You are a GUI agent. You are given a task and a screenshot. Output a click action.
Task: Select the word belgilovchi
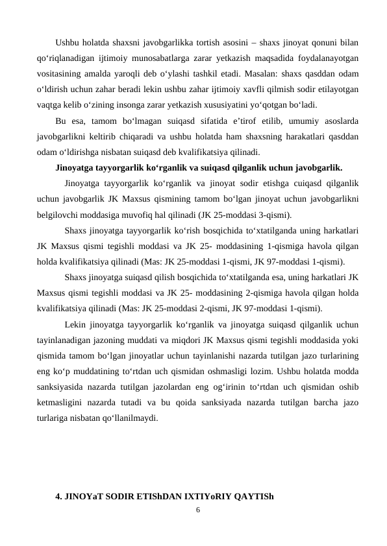pyautogui.click(x=62, y=211)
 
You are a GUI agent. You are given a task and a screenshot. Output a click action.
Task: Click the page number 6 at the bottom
pyautogui.click(x=199, y=509)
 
